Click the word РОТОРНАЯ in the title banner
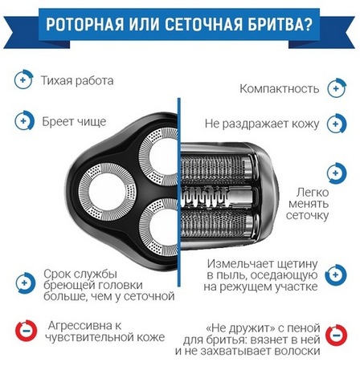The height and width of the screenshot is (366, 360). click(85, 25)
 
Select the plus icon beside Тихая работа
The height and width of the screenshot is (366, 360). click(23, 79)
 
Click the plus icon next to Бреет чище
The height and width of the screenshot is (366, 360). click(24, 120)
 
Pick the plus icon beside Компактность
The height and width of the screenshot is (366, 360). click(337, 88)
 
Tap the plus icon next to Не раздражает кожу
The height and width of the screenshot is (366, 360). click(337, 124)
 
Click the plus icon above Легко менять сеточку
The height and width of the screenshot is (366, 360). click(337, 173)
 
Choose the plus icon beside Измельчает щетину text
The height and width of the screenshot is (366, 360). click(336, 274)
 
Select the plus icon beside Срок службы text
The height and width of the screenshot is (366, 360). click(26, 283)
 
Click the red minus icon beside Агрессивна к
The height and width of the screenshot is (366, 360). click(26, 331)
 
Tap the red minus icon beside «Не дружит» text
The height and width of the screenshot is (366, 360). click(336, 335)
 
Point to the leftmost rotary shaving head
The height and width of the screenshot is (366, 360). click(108, 191)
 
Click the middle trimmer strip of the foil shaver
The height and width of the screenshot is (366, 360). click(218, 197)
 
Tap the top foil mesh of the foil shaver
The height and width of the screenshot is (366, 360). click(217, 169)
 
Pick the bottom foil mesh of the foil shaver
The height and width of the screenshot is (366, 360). click(217, 224)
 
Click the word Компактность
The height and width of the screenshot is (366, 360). click(280, 88)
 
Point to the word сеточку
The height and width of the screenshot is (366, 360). click(307, 216)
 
